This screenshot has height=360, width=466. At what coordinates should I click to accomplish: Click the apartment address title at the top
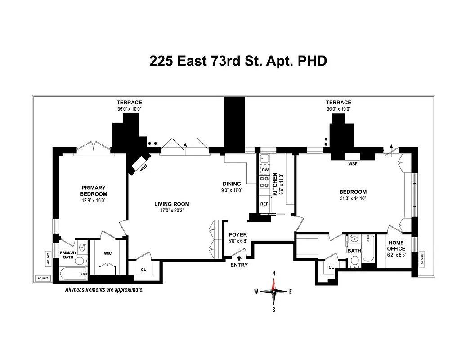click(x=237, y=62)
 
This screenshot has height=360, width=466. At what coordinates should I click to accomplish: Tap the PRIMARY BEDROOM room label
click(x=94, y=191)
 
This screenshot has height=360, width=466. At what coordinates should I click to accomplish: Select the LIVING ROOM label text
click(x=169, y=204)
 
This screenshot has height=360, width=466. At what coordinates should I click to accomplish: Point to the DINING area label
click(x=232, y=184)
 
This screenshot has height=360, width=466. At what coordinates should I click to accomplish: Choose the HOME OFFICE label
click(x=396, y=246)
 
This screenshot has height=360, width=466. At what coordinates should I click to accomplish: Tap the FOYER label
click(x=238, y=234)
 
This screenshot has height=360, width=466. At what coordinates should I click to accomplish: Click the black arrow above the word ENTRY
click(x=238, y=258)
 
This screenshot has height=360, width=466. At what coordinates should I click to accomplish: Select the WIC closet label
click(x=108, y=253)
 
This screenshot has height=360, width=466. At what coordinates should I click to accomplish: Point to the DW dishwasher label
click(x=265, y=170)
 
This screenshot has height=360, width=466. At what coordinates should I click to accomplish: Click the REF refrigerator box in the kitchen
click(x=264, y=204)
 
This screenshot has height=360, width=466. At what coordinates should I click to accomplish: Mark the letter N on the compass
click(x=274, y=273)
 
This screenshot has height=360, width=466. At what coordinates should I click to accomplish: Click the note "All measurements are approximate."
click(x=104, y=290)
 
